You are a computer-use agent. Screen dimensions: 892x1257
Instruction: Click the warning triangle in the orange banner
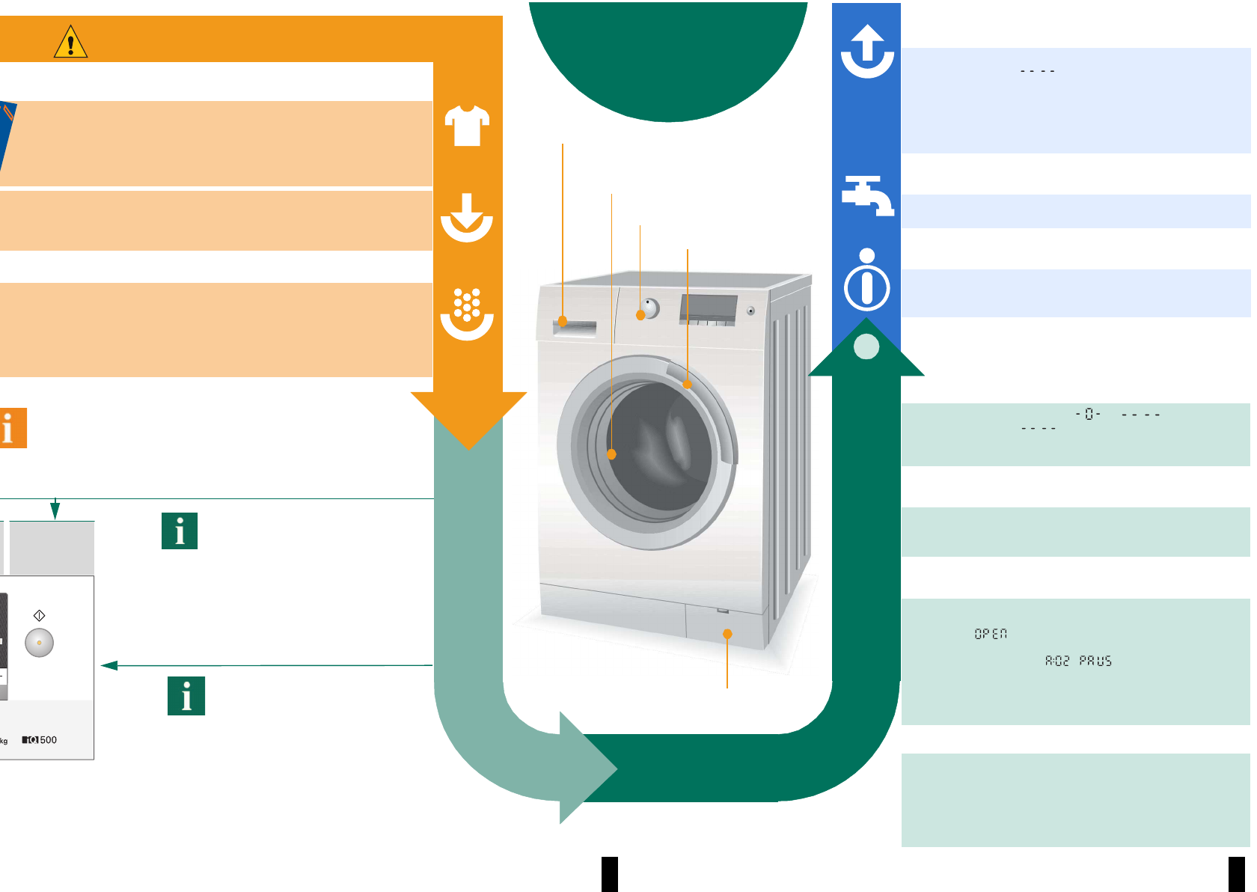[x=71, y=43]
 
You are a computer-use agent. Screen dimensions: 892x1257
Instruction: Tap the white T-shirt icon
[x=467, y=125]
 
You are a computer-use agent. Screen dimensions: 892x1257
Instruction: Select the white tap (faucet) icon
[x=867, y=195]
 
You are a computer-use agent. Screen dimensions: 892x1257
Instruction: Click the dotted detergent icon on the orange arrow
[x=467, y=313]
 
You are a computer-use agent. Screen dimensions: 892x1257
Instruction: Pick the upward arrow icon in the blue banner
[x=867, y=51]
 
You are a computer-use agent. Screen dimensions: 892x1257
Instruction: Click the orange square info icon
[x=12, y=428]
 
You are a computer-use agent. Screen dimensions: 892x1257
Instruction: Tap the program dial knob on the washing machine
[x=649, y=308]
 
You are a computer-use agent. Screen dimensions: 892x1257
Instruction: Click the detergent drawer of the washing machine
[x=575, y=328]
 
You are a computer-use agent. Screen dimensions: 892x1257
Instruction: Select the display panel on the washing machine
[x=708, y=308]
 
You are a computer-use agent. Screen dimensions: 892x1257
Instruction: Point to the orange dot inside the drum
[x=611, y=454]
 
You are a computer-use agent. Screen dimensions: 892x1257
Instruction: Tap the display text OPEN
[x=991, y=634]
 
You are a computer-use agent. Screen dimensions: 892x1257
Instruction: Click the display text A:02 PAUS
[x=1078, y=661]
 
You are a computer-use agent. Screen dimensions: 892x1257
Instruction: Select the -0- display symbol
[x=1088, y=414]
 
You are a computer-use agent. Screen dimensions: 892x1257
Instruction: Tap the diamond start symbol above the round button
[x=40, y=615]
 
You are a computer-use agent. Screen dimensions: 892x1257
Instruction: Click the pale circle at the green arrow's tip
[x=866, y=346]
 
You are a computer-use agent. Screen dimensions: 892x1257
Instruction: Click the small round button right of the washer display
[x=750, y=311]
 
